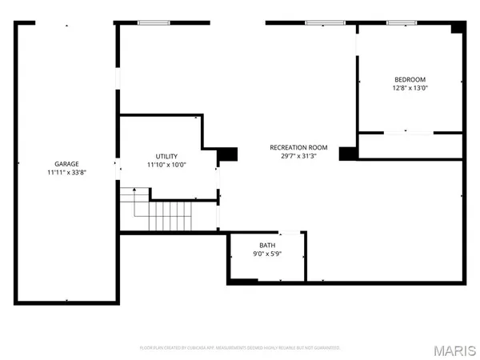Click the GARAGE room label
pos(66,164)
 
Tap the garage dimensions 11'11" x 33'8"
pos(66,173)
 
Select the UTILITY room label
pos(166,156)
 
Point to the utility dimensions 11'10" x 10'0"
pos(166,165)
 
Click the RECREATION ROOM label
pos(298,147)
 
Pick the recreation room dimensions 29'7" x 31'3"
pos(298,156)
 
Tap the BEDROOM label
pos(410,79)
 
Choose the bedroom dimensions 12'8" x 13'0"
pos(410,88)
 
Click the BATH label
pos(266,246)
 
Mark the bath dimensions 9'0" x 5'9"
pos(266,254)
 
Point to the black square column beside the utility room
pos(228,154)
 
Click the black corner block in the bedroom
pos(457,28)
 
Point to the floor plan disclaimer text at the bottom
pos(240,348)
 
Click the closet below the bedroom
pos(410,146)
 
